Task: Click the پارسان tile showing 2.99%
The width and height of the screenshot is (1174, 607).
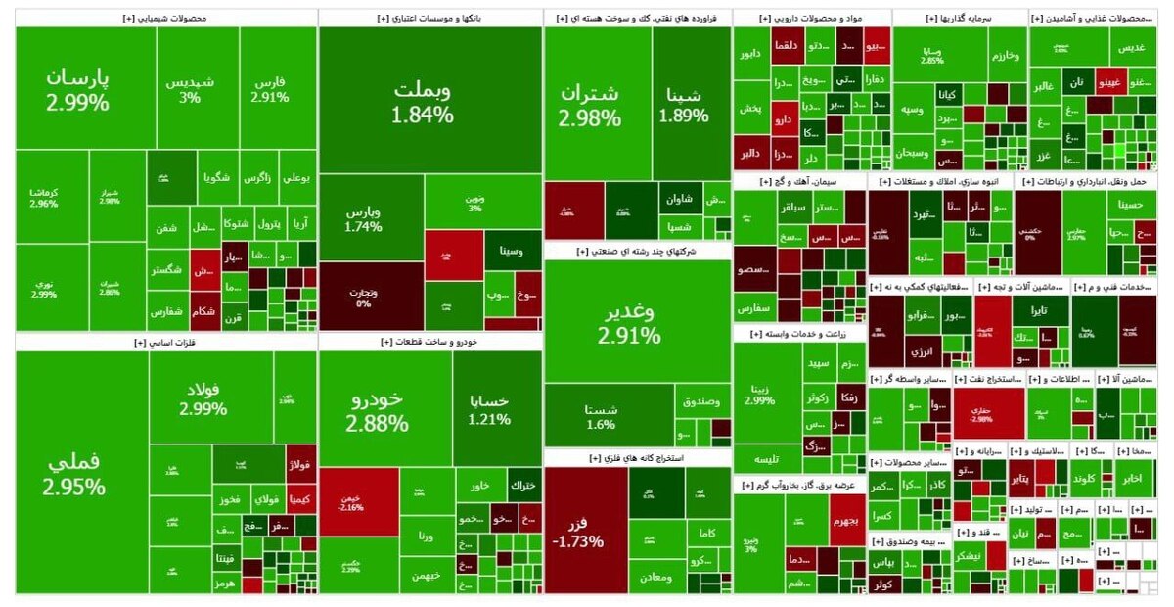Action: (x=76, y=88)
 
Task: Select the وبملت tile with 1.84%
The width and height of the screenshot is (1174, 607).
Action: (x=423, y=101)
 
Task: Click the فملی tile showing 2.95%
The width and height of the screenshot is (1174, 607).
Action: (x=75, y=473)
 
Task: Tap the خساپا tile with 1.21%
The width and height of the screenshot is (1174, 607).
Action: (x=489, y=409)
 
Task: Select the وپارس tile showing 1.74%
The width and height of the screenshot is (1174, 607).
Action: (x=363, y=219)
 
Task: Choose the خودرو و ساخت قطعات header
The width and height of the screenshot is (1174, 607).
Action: (x=430, y=342)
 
